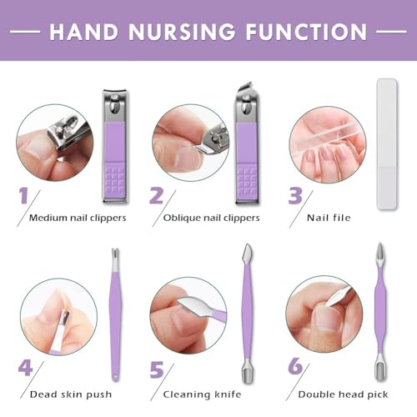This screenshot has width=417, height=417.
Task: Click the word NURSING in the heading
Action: coord(182,32)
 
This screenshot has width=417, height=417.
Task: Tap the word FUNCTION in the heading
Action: coord(306,32)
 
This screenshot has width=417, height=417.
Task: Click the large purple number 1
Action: coord(24,195)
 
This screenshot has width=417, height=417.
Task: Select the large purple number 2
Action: coord(157,195)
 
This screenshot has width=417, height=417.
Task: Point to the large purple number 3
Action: coord(295,195)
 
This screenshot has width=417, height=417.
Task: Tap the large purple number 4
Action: coord(25,368)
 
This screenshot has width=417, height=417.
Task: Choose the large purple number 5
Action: coord(157,369)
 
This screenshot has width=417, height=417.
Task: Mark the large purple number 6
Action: coord(295,366)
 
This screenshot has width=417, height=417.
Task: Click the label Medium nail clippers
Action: coord(78,218)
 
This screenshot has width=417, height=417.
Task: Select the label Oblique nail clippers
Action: coord(211,218)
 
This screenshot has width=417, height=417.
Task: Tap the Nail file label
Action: coord(329,218)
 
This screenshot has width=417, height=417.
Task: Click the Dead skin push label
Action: coord(71,394)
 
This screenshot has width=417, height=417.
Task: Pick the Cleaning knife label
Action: coord(202,394)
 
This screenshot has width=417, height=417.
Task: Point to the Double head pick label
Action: coord(343,394)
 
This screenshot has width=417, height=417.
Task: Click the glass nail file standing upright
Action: coord(387,143)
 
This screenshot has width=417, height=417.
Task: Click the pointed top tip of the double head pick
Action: coord(379,244)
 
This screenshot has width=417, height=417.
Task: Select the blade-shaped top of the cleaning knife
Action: coord(247,253)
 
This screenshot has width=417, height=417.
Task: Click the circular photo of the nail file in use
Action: coord(328,144)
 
